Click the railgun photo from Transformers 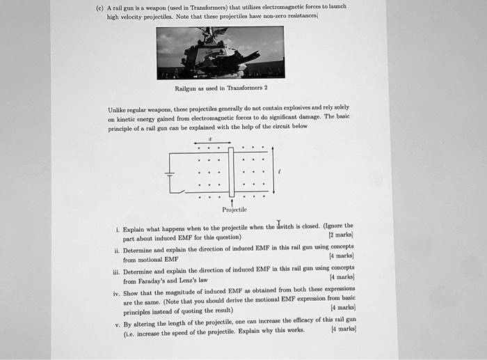220,52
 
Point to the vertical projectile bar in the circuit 232,172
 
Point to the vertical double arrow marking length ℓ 273,171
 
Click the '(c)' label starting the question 101,7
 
